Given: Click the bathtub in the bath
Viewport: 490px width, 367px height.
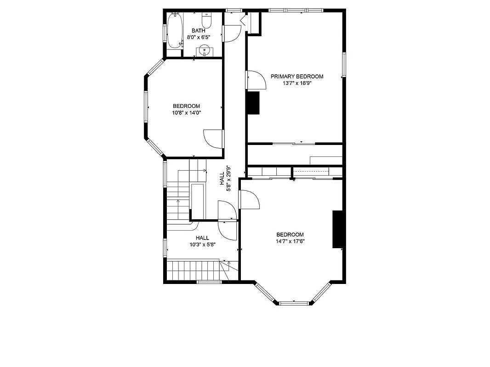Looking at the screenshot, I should [175, 31].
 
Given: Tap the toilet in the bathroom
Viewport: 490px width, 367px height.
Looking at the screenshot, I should [207, 21].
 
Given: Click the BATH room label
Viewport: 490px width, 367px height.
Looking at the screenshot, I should [199, 31].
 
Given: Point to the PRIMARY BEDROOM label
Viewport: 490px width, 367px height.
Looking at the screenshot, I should [296, 77].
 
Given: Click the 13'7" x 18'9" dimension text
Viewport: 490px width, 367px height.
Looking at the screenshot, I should [296, 83].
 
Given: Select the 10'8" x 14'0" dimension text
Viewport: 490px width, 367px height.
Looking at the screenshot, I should [186, 112].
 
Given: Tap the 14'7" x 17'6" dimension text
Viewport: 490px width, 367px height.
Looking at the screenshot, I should [290, 241].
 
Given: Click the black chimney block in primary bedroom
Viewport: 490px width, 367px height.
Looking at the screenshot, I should [253, 103].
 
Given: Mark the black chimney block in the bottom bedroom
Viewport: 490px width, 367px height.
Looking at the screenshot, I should [338, 229].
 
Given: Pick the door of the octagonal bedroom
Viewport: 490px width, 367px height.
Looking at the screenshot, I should [213, 138].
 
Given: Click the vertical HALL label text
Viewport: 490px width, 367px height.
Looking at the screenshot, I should [222, 178].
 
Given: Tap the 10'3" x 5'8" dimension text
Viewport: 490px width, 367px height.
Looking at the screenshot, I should [202, 245].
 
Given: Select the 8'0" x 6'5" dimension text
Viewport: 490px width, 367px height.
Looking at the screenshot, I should [199, 37].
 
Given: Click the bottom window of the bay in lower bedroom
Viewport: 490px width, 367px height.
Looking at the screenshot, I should [294, 303].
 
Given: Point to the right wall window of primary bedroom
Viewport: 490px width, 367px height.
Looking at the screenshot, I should [343, 65].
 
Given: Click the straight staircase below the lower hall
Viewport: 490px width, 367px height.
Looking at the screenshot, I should [193, 270].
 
